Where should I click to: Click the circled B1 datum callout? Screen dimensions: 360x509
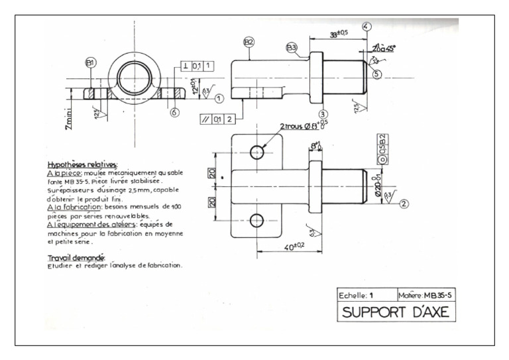point(90,63)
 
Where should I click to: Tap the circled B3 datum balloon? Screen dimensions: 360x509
point(292,47)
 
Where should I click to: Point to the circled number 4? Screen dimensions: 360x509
point(367,27)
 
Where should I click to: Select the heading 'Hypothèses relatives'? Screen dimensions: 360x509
point(83,164)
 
